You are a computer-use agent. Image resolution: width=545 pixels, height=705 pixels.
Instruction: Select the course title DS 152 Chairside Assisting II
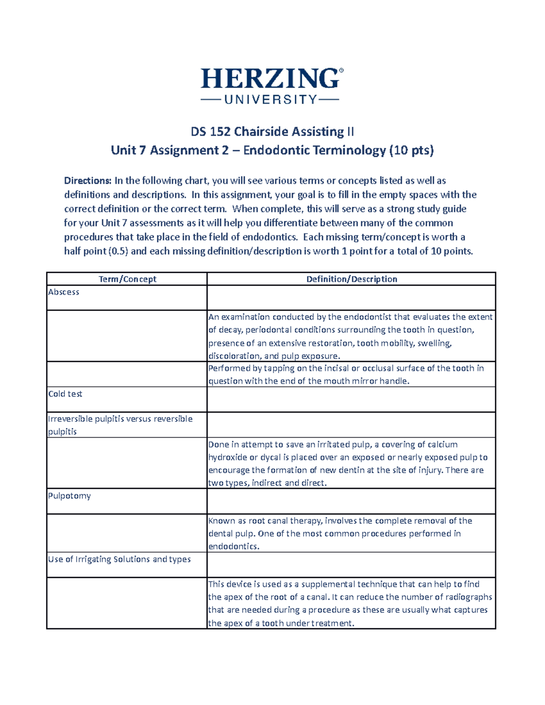(x=272, y=132)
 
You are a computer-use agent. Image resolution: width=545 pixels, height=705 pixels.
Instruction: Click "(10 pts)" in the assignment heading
(x=411, y=150)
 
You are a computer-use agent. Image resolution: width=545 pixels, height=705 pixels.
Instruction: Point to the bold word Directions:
(x=88, y=181)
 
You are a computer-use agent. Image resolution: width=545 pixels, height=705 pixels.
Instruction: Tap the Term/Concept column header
(x=127, y=279)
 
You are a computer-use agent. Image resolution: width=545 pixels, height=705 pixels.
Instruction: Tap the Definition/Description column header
(x=352, y=279)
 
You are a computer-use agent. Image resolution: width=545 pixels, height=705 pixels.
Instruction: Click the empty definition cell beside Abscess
(x=351, y=298)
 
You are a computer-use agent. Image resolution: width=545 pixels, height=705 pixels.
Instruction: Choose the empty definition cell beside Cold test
(x=351, y=399)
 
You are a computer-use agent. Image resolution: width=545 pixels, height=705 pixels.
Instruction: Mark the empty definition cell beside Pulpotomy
(x=351, y=501)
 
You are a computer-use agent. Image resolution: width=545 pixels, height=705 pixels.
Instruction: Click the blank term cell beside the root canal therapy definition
(x=127, y=533)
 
